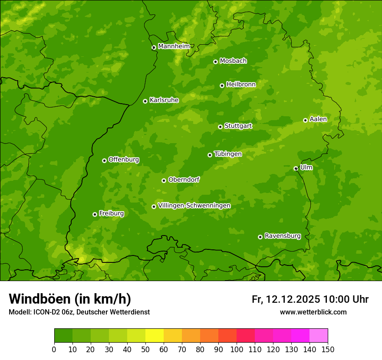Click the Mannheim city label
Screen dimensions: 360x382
pos(174,46)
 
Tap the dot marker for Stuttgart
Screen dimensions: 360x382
pos(220,127)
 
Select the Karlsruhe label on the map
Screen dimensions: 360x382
pos(164,100)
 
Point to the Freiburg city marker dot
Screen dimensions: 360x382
pos(95,214)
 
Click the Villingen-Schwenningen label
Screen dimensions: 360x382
pos(194,206)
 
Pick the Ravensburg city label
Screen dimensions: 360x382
pos(282,236)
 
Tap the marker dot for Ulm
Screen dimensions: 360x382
pos(296,168)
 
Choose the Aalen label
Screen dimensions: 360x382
pos(318,119)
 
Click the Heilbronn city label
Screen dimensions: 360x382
pos(241,85)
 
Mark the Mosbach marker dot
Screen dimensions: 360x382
pos(215,62)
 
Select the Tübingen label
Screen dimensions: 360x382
pos(228,154)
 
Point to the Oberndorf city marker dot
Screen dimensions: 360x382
pos(164,180)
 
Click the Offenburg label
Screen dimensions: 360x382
pos(124,160)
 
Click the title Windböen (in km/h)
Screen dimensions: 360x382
pos(69,299)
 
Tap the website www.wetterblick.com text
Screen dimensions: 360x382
pos(313,312)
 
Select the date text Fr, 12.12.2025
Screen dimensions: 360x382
pos(286,299)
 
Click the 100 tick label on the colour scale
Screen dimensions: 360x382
pos(237,350)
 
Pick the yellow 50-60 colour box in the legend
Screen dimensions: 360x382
pos(155,336)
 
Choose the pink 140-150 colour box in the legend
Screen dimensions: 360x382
pos(319,336)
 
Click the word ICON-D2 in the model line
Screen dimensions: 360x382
pos(46,312)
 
